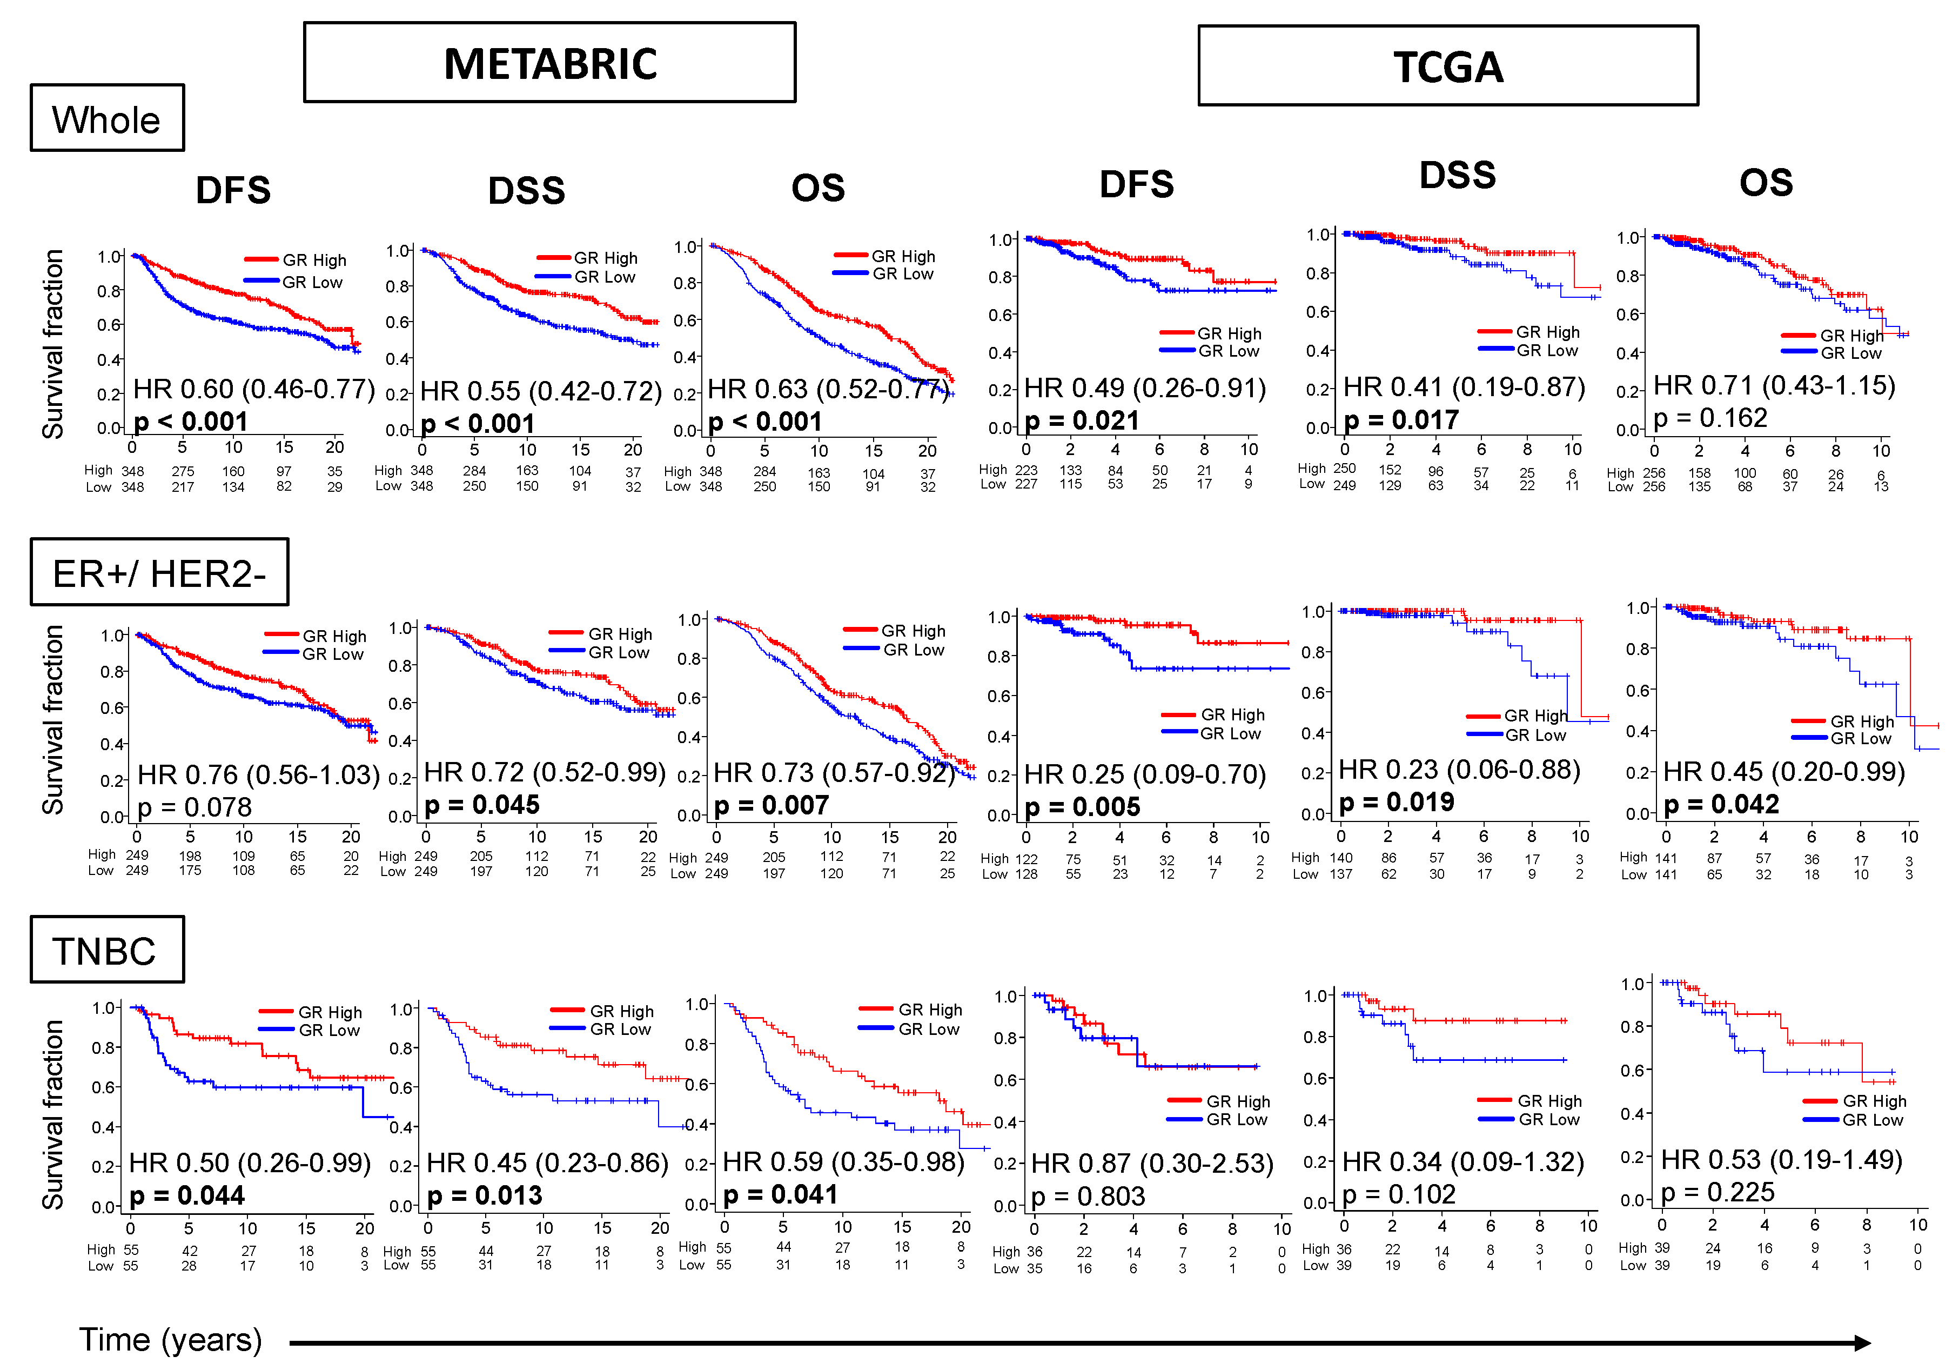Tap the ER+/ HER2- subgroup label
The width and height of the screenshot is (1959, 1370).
159,573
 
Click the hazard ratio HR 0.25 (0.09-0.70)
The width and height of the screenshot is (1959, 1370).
1144,774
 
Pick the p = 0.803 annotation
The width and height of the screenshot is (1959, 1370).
1087,1197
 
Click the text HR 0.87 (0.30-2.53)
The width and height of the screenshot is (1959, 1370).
1152,1164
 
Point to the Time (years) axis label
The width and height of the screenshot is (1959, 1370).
171,1340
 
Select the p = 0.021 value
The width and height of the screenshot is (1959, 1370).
1081,421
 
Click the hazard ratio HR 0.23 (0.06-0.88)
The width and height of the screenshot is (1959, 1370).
1459,770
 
